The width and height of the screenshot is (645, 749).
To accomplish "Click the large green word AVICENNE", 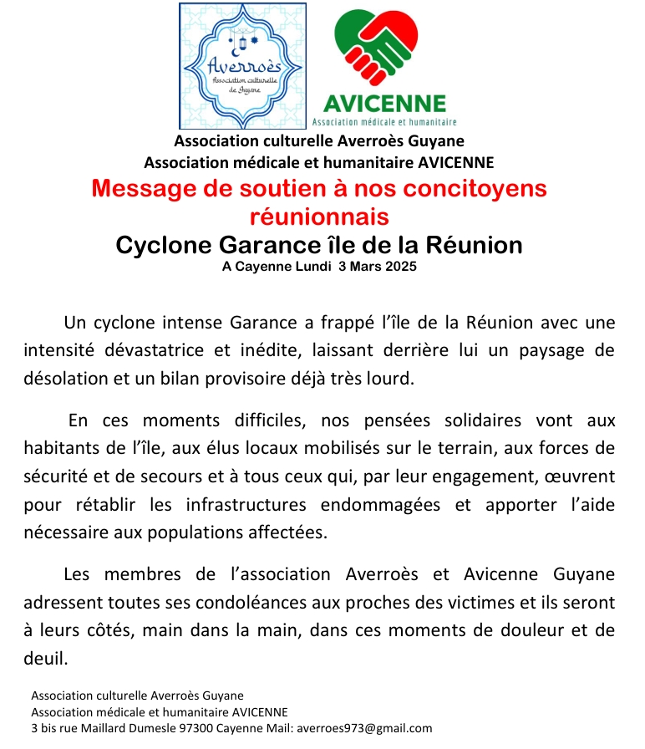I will coord(384,103).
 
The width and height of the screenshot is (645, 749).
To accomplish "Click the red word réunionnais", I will coord(319,217).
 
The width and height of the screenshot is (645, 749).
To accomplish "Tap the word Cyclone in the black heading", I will coord(163,246).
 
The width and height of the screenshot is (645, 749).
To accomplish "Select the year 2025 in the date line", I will coord(398,267).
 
